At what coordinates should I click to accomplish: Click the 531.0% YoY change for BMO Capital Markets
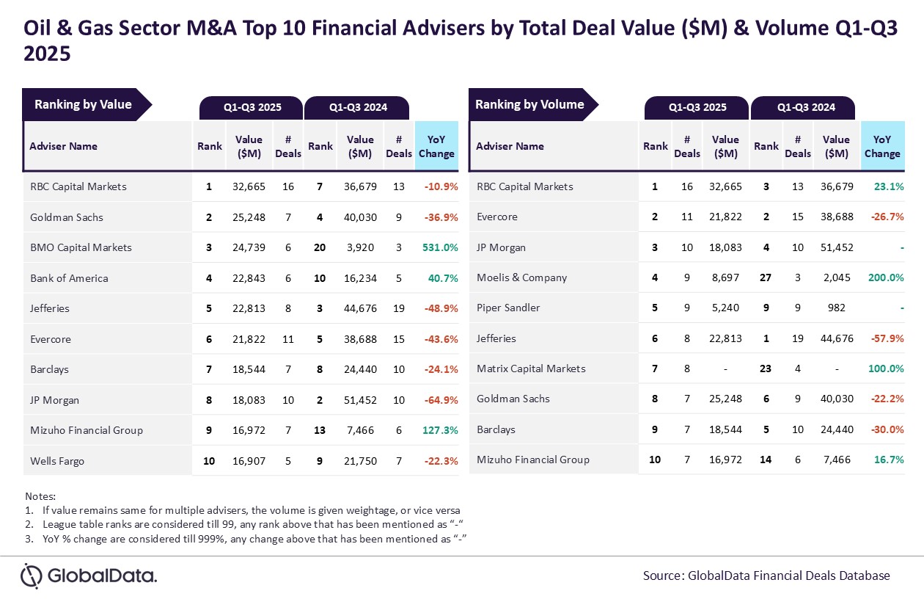[441, 247]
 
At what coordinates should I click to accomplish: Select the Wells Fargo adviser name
[57, 461]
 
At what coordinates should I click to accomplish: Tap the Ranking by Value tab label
[83, 104]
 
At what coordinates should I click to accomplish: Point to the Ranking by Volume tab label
[529, 104]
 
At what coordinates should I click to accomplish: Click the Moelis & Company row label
[521, 277]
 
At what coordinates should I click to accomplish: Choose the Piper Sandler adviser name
[508, 308]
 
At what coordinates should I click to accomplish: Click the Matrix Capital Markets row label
[531, 369]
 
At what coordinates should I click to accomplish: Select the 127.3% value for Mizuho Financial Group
[441, 430]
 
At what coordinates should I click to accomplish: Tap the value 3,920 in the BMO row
[360, 247]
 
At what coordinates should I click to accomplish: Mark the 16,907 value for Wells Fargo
[249, 461]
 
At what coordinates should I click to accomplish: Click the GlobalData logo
[89, 576]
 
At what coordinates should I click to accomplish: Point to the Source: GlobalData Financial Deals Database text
[766, 576]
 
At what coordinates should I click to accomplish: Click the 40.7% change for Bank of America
[443, 278]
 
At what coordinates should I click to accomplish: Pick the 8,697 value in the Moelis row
[727, 277]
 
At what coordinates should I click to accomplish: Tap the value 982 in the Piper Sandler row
[836, 308]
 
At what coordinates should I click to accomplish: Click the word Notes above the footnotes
[40, 496]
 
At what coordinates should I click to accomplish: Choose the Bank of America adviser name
[69, 278]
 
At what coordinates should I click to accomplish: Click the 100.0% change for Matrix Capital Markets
[885, 369]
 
